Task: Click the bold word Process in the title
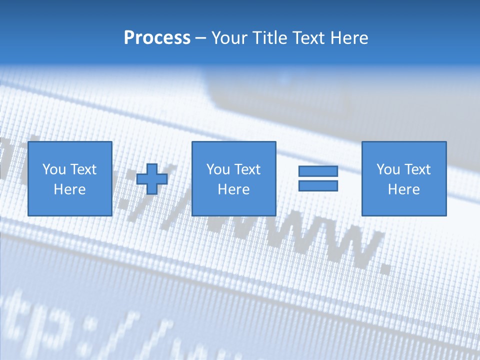tap(157, 38)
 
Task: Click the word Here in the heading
tap(349, 38)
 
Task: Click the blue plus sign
tap(152, 178)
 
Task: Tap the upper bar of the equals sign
tap(318, 171)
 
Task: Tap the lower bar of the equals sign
tap(318, 185)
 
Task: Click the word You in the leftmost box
tap(54, 169)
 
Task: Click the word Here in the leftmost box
tap(69, 189)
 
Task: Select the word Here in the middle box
tap(233, 189)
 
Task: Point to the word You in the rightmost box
tap(388, 169)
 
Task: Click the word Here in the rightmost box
tap(403, 189)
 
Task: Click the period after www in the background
tap(384, 268)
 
